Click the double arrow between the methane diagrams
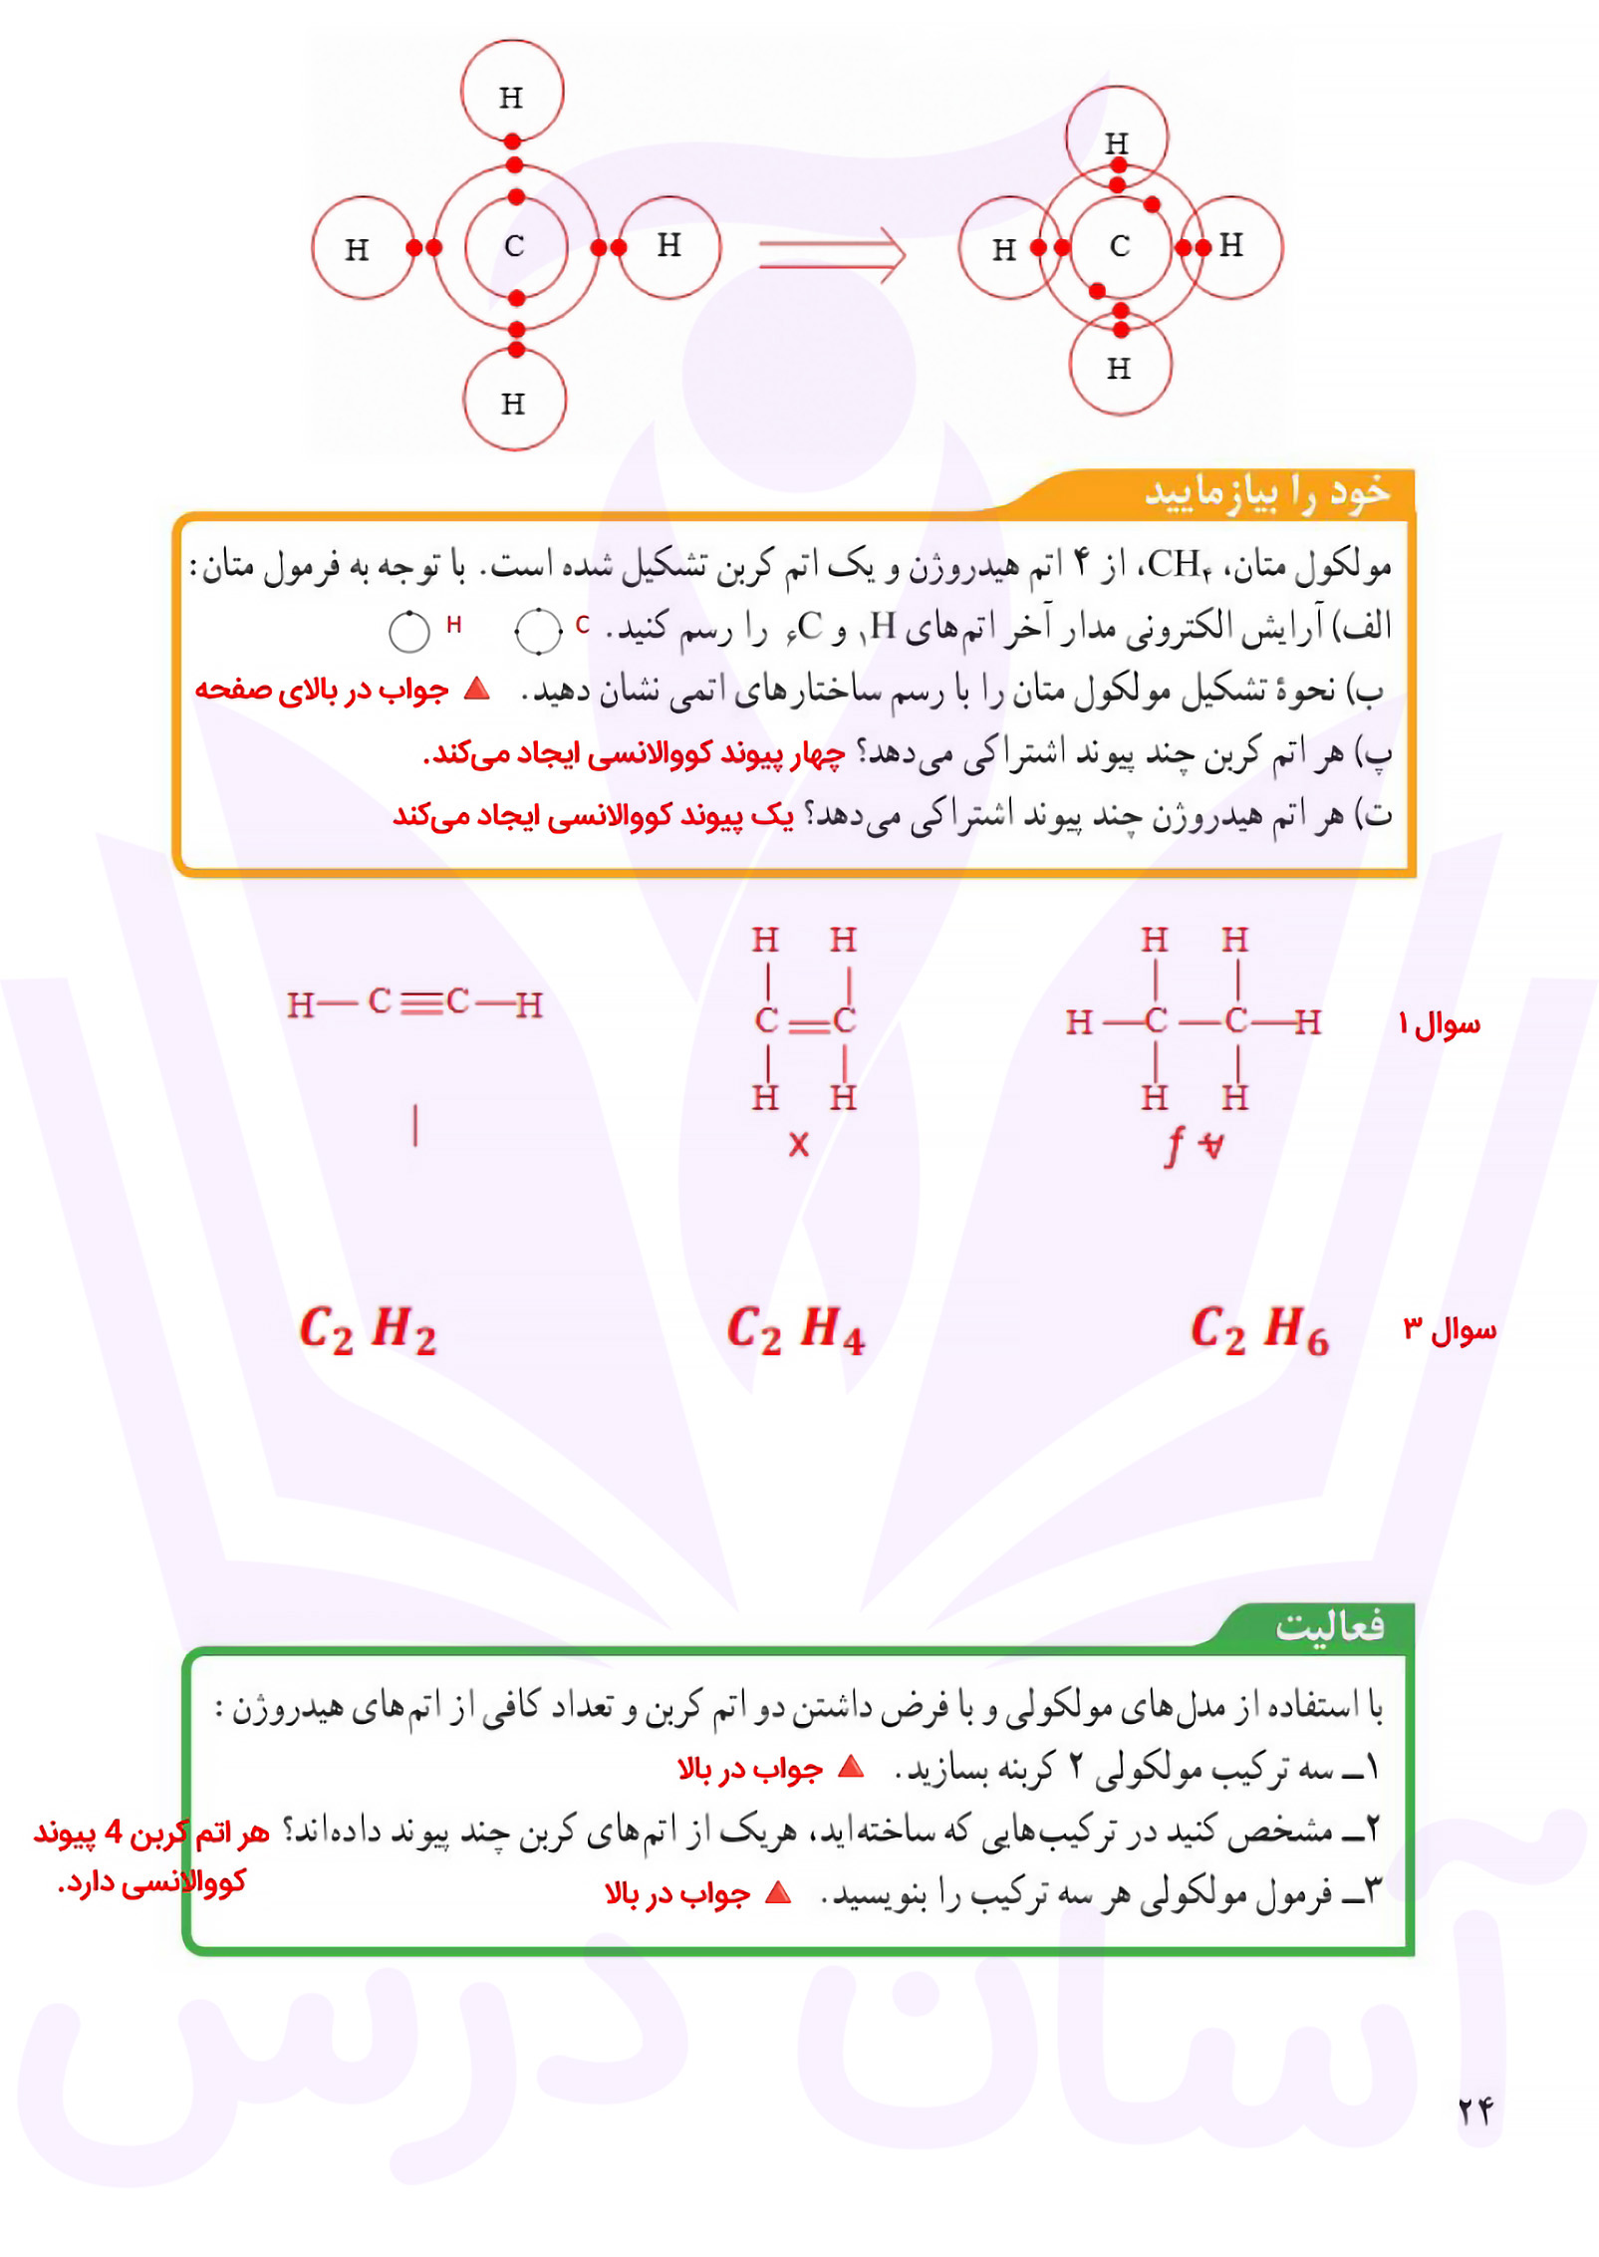point(831,253)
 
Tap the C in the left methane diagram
point(514,246)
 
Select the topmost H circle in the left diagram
point(511,92)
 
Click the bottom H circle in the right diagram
point(1120,366)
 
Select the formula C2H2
point(368,1329)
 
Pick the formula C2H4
point(795,1329)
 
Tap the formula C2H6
point(1259,1329)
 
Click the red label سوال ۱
point(1439,1023)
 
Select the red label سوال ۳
point(1449,1329)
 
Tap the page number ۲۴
point(1475,2109)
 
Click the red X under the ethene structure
point(798,1144)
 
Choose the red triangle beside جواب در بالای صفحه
point(478,689)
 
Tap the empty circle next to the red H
point(408,632)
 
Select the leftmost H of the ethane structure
point(1078,1021)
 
